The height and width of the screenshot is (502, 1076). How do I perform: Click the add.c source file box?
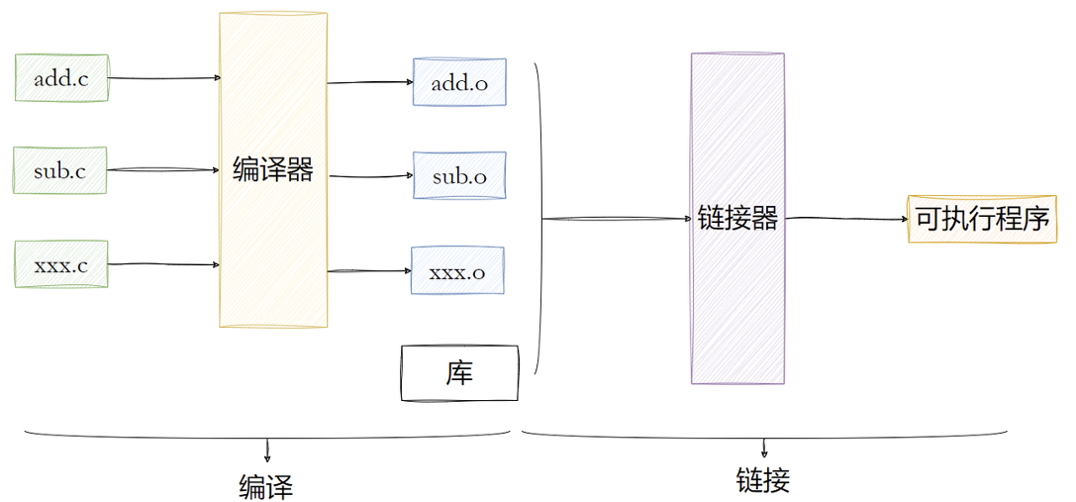pos(60,78)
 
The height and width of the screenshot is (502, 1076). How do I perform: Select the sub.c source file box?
pos(59,170)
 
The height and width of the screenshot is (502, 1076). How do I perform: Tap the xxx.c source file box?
pos(60,264)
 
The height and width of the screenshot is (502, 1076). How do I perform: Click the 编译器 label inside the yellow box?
pos(272,170)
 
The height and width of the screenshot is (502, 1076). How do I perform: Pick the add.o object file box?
pos(459,83)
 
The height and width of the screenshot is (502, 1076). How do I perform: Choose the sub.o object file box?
pos(459,176)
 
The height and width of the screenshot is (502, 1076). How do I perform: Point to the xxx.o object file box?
pos(457,270)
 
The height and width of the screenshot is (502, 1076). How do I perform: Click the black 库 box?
pos(459,373)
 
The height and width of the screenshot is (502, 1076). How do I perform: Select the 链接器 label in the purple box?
pos(737,218)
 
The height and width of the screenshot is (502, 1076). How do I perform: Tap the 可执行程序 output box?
pos(982,219)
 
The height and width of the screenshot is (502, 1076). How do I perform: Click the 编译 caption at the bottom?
pos(266,486)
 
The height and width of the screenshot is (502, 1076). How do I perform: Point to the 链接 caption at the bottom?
pos(763,481)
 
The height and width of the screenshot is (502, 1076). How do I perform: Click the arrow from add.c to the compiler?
pos(163,77)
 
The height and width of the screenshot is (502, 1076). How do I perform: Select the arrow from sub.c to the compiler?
pos(163,170)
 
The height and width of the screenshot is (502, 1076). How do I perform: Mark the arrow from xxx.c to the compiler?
pos(163,264)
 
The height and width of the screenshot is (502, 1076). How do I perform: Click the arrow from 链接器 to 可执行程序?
pos(846,218)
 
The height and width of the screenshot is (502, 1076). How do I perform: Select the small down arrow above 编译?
pos(267,452)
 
